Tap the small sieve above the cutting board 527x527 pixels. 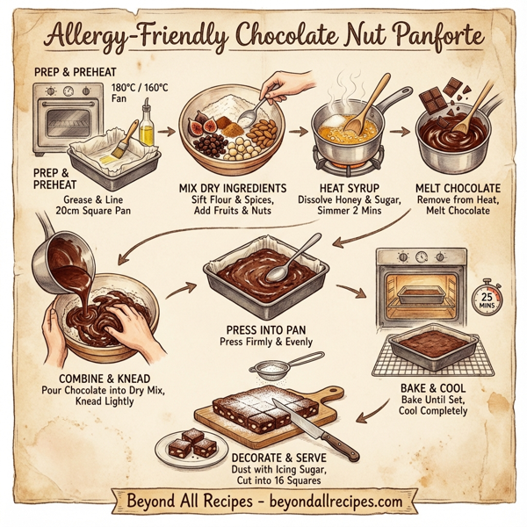(x=278, y=363)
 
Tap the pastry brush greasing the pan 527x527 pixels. (x=119, y=141)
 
